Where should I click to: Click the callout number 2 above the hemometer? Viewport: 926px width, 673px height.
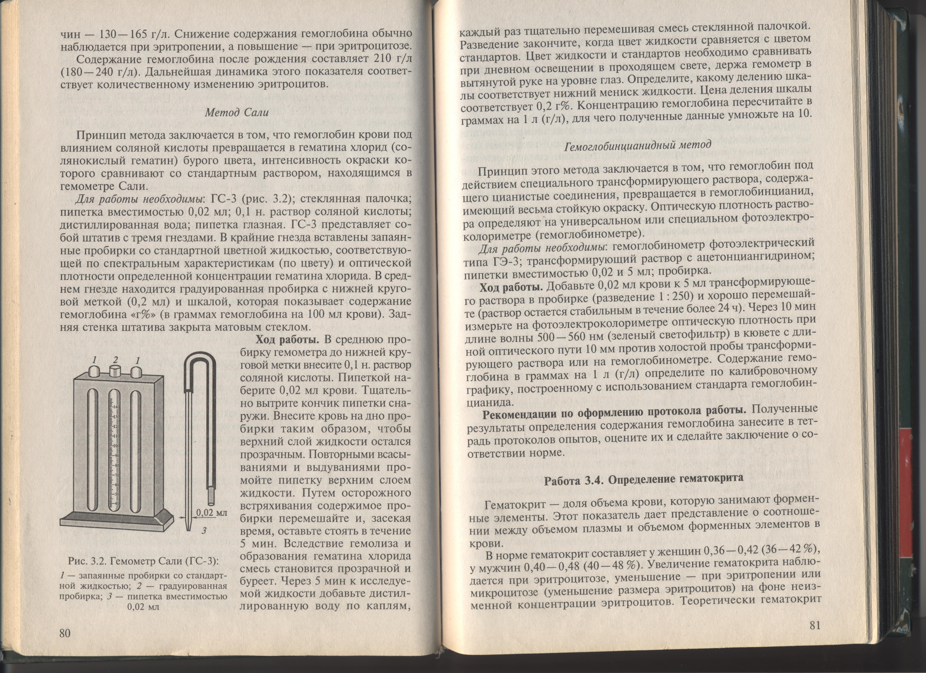116,360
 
